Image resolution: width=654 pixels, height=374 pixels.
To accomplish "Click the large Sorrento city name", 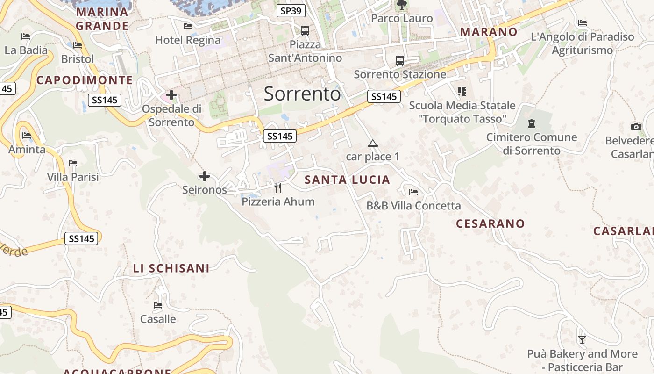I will [302, 94].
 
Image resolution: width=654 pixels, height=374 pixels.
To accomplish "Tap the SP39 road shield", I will [291, 11].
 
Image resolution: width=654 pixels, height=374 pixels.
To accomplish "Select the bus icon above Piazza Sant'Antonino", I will [305, 31].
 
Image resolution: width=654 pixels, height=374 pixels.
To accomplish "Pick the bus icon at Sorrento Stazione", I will [400, 60].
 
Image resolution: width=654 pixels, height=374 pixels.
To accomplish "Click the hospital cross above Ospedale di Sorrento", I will [171, 95].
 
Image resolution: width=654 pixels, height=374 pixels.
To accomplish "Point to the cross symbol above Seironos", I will [205, 176].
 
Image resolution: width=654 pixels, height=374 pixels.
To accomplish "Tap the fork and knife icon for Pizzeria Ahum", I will [278, 188].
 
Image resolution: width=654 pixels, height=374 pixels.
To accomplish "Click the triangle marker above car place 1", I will [372, 143].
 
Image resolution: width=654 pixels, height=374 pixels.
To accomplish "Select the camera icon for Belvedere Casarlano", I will [636, 127].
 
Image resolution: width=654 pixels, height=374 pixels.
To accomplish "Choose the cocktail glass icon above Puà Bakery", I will [582, 339].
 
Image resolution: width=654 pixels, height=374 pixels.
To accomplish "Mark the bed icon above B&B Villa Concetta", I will [413, 192].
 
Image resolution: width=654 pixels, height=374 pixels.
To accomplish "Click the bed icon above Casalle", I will [158, 305].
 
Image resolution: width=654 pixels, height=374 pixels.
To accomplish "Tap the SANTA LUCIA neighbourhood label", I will [347, 180].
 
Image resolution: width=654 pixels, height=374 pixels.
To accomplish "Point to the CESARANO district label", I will [490, 223].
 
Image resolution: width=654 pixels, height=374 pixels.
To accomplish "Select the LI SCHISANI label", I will [171, 268].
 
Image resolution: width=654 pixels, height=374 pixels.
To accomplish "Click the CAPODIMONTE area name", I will [85, 80].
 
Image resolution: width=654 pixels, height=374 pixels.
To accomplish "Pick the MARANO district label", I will [489, 32].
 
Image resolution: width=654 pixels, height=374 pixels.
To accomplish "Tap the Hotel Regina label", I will [187, 40].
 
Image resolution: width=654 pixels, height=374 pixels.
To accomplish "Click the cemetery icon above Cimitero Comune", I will [531, 124].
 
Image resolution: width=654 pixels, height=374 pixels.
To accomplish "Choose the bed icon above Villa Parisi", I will [73, 163].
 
